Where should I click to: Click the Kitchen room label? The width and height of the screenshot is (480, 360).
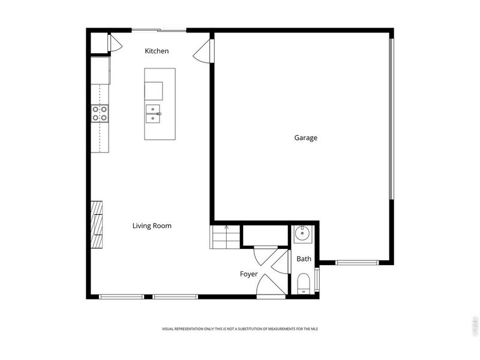click(x=157, y=51)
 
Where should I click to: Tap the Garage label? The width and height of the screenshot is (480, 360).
click(x=305, y=137)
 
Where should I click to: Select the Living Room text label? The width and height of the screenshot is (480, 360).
click(x=152, y=226)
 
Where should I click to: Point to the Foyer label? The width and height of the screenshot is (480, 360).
click(x=249, y=274)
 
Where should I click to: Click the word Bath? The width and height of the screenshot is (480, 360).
click(x=304, y=259)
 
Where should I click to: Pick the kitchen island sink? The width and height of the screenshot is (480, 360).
click(x=154, y=113)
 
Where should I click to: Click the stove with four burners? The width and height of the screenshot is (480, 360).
click(x=100, y=113)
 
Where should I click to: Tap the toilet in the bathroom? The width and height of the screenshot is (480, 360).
click(x=304, y=283)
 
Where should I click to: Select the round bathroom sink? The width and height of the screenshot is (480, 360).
click(x=301, y=233)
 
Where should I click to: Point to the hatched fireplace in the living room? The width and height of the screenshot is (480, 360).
click(x=97, y=224)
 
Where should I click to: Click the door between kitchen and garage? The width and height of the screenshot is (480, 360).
click(x=204, y=50)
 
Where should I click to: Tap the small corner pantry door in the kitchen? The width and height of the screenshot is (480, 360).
click(x=114, y=43)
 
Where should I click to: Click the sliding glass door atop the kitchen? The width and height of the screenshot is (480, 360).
click(x=159, y=29)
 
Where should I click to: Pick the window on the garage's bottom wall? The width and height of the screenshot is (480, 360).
click(x=356, y=262)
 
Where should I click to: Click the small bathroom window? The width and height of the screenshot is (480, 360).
click(x=317, y=280)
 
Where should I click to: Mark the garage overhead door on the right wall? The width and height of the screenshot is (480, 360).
click(x=391, y=118)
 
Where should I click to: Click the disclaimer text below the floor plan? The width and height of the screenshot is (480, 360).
click(x=240, y=329)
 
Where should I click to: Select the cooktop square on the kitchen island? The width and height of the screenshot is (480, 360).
click(x=154, y=91)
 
